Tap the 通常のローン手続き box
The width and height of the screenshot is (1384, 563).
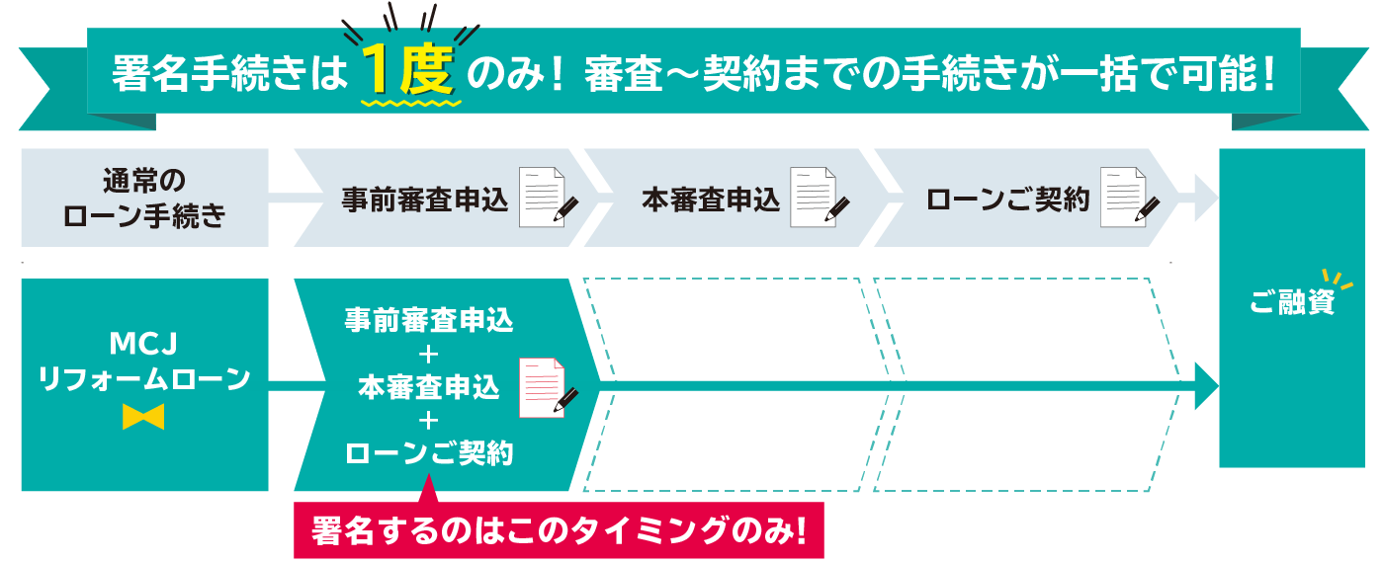point(144,198)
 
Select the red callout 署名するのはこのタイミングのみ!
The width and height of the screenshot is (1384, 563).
point(559,531)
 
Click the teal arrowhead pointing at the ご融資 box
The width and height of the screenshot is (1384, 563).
point(1206,385)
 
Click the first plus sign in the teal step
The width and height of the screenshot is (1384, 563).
point(428,354)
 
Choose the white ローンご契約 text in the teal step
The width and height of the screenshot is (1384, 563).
point(428,453)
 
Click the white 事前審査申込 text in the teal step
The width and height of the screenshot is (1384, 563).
point(428,321)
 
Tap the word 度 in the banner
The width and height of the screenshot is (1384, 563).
point(427,71)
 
